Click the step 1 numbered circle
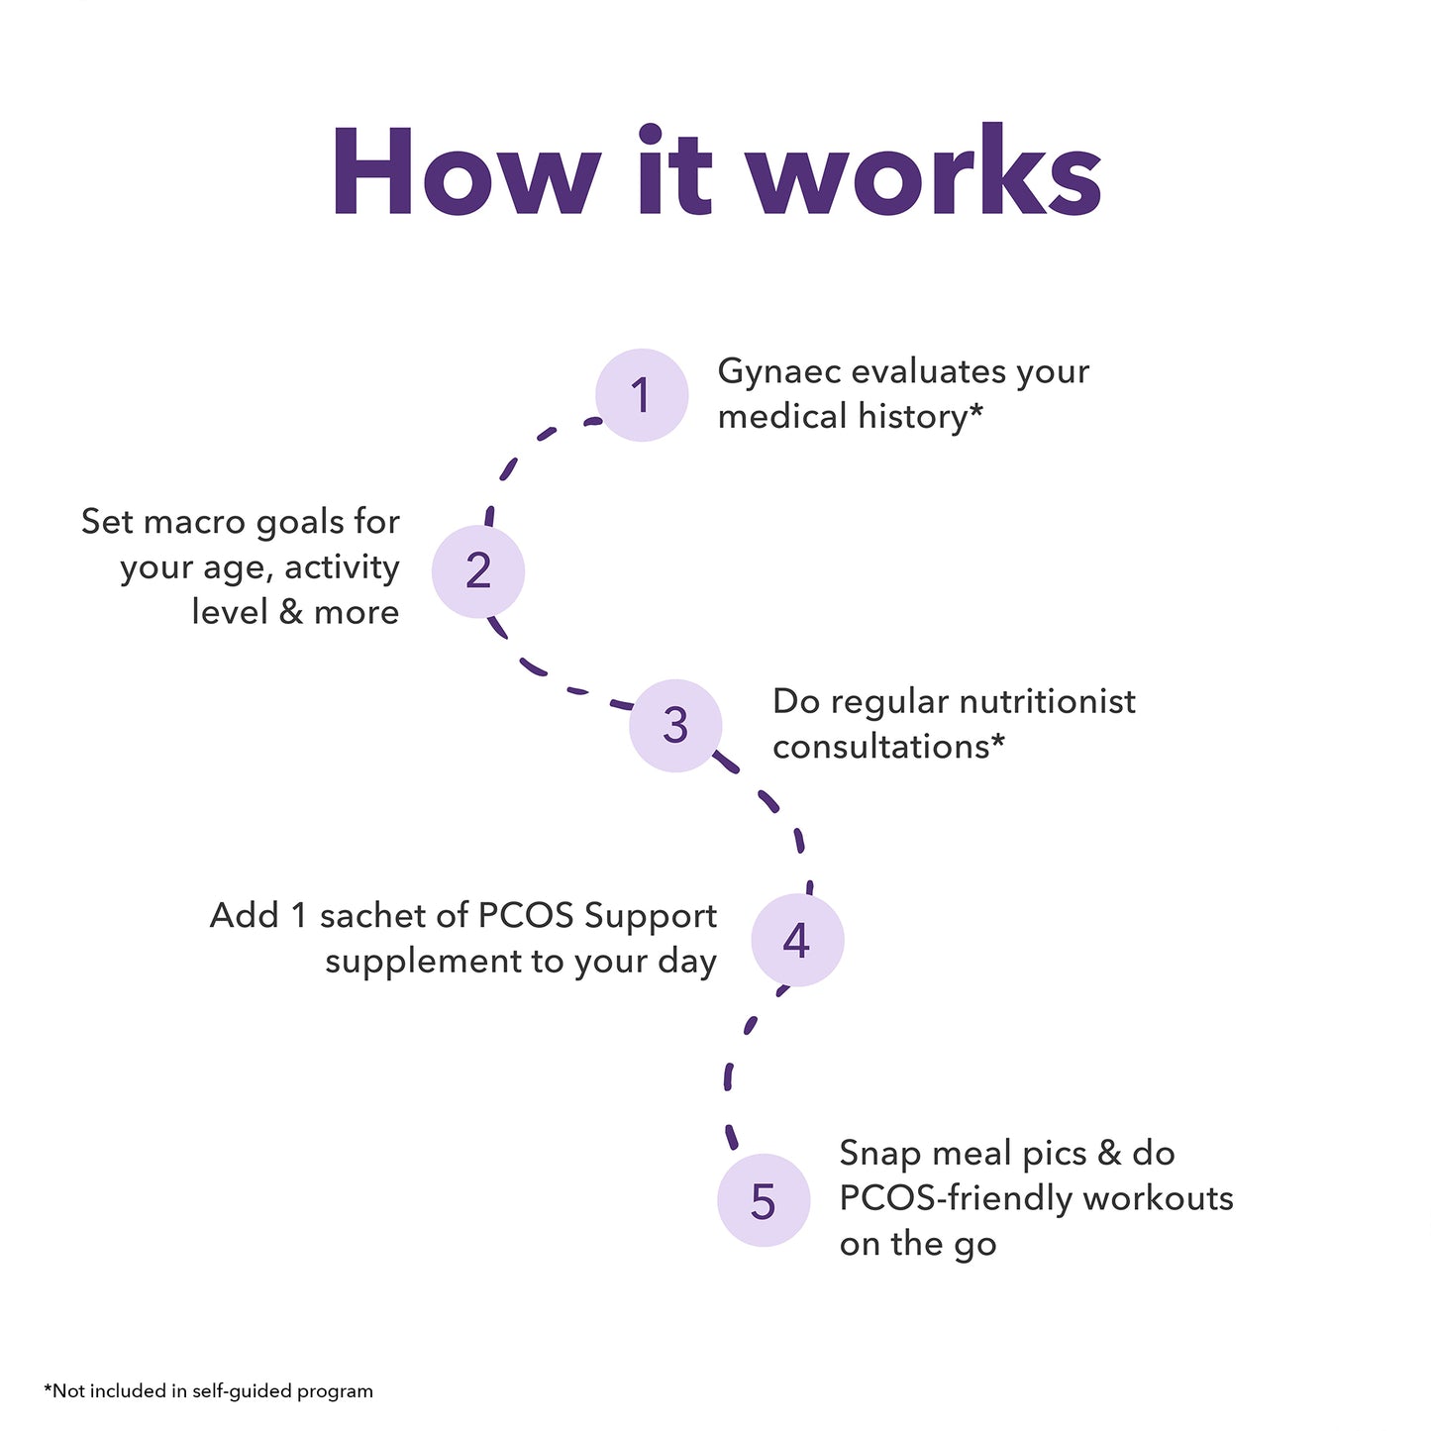click(x=642, y=395)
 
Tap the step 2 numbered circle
click(x=478, y=571)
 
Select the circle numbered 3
click(x=675, y=725)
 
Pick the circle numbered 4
click(x=797, y=940)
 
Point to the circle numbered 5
click(x=764, y=1200)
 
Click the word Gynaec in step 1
click(x=778, y=372)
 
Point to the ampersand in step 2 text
click(x=291, y=612)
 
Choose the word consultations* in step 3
click(x=888, y=747)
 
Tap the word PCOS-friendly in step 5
click(x=956, y=1198)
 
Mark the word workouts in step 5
click(x=1158, y=1198)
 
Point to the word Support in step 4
click(x=651, y=916)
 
